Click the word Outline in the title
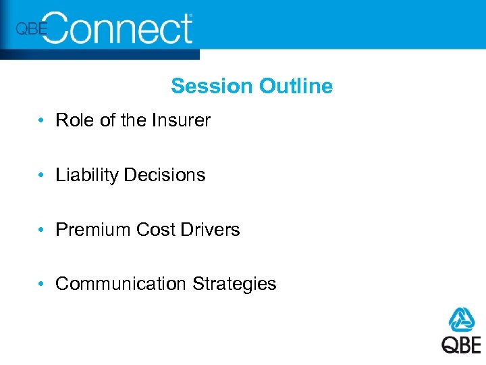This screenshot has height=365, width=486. click(x=296, y=87)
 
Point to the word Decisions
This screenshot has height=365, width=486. click(x=165, y=175)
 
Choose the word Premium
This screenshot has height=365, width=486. click(x=93, y=230)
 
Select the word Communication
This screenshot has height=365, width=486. click(x=121, y=284)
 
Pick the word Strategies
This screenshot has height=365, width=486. click(x=234, y=284)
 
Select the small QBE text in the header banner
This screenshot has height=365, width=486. click(x=31, y=29)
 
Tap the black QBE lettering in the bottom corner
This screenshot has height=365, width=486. click(x=462, y=344)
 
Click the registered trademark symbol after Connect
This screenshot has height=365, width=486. click(x=190, y=15)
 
